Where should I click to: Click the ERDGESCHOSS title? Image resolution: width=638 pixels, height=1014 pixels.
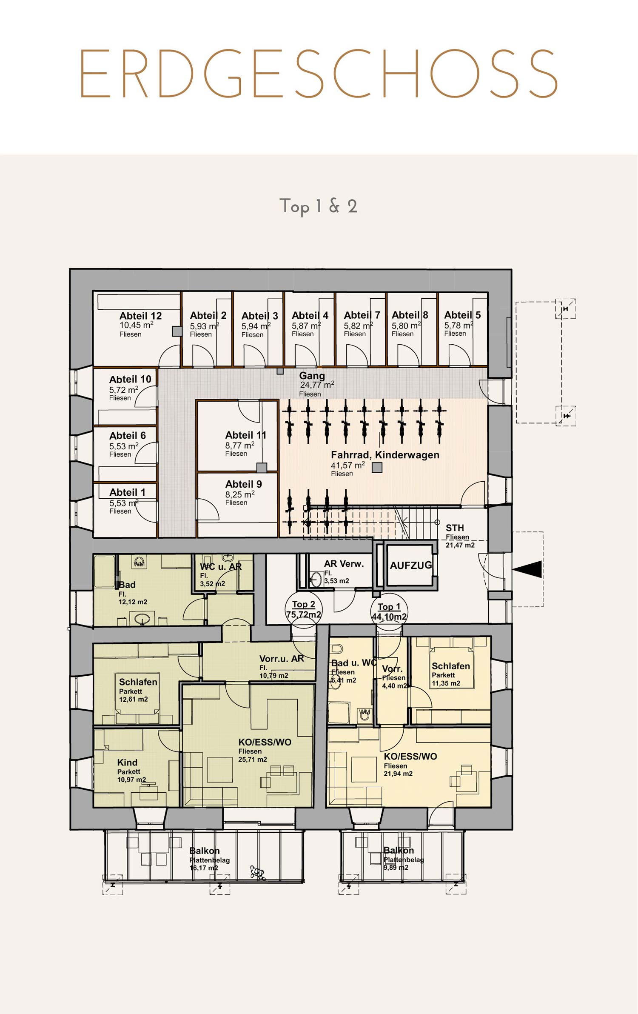(x=318, y=74)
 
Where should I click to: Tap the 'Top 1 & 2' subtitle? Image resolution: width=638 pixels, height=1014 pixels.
(x=318, y=206)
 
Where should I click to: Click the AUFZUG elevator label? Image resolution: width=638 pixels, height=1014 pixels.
(x=411, y=565)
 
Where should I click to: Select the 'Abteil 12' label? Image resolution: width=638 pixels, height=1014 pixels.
(x=140, y=316)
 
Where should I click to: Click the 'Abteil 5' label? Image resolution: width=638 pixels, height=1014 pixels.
(x=462, y=315)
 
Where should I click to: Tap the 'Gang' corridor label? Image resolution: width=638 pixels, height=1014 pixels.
(x=312, y=376)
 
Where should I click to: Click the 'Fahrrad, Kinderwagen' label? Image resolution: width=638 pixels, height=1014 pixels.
(x=385, y=455)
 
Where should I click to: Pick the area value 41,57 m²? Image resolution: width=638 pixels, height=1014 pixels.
(x=348, y=465)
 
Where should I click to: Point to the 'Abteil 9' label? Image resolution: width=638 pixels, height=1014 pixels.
(x=243, y=484)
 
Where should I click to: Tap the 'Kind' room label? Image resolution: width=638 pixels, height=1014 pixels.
(x=127, y=763)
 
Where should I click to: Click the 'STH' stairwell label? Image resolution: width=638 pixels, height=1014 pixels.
(x=455, y=528)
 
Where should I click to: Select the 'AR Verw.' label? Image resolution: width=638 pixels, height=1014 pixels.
(x=344, y=564)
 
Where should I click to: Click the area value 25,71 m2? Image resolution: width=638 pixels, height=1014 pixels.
(x=253, y=760)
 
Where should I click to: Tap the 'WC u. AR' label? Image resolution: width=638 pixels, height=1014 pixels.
(x=221, y=567)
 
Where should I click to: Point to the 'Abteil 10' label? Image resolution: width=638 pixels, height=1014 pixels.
(x=130, y=379)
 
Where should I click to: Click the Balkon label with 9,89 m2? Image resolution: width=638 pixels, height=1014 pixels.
(x=399, y=850)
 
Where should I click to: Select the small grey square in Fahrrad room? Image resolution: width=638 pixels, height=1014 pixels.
(x=377, y=468)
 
